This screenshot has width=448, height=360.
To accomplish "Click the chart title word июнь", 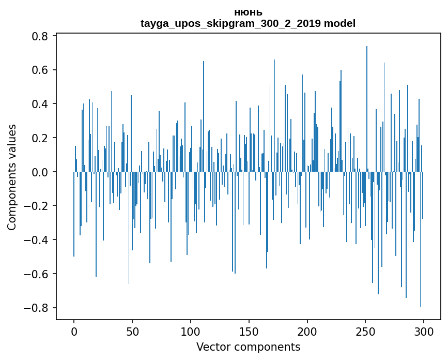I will click(248, 12).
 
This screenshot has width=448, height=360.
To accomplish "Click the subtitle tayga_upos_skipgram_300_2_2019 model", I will click(248, 23).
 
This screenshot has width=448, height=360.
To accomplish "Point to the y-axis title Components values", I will click(12, 177).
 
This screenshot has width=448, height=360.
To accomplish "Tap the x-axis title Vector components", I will click(248, 347).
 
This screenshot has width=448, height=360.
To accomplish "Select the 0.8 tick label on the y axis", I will click(41, 36).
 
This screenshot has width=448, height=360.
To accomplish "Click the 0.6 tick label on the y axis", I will click(41, 70).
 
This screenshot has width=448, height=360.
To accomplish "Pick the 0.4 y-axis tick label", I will click(41, 104).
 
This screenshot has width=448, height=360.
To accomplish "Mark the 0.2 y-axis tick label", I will click(41, 138).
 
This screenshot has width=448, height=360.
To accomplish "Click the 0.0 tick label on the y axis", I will click(41, 172).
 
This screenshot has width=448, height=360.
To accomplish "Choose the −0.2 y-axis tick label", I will click(37, 206).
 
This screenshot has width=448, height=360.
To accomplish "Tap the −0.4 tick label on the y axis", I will click(37, 240).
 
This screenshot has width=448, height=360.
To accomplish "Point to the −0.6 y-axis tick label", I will click(37, 274).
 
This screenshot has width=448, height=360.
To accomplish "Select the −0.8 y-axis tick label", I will click(37, 308).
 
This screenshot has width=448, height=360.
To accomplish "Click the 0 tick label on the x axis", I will click(74, 332).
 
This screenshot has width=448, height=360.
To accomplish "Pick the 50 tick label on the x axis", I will click(132, 332).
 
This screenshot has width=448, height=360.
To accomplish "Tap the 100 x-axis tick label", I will click(191, 332).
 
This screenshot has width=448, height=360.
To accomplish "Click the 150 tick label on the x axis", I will click(249, 332).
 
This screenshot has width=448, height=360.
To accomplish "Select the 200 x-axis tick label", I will click(307, 332).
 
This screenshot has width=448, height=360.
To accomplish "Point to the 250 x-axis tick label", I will click(366, 332).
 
